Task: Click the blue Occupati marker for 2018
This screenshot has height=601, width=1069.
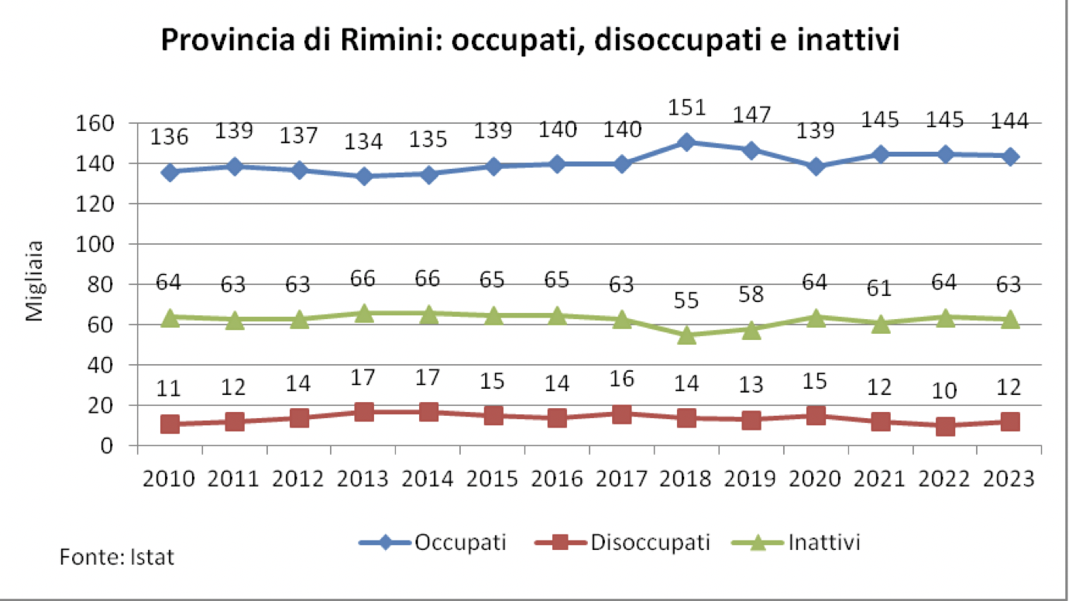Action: [x=686, y=142]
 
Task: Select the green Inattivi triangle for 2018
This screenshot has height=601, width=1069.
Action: [x=686, y=335]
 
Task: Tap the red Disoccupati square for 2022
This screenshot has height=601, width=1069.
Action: [x=945, y=425]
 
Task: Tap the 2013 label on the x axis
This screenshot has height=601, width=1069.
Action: [x=363, y=479]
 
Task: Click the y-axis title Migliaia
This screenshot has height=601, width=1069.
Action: [x=36, y=282]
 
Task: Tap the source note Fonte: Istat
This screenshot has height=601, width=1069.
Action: [x=117, y=557]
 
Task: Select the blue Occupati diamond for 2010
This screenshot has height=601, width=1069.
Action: [x=170, y=172]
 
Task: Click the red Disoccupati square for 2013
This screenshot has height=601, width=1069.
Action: [x=363, y=411]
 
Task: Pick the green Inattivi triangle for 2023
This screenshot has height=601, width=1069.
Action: [x=1009, y=319]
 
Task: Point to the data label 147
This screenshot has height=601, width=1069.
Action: [x=751, y=115]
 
